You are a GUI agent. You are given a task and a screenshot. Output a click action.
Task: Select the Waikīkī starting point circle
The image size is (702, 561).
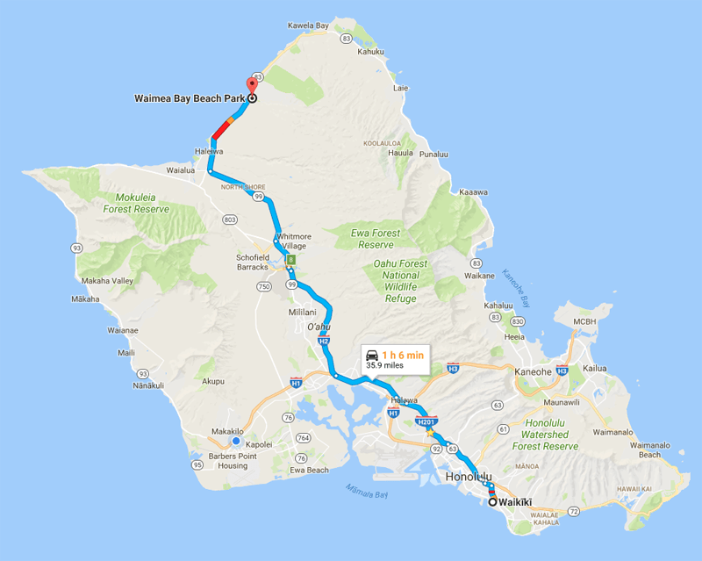click(x=491, y=501)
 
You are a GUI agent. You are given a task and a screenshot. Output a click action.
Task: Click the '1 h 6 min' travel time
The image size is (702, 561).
click(x=403, y=354)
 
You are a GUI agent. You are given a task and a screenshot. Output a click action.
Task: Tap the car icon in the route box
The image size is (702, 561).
click(x=372, y=354)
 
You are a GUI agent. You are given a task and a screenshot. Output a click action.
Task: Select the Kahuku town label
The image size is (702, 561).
click(x=370, y=52)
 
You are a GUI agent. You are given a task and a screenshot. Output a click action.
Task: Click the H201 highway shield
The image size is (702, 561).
click(x=426, y=422)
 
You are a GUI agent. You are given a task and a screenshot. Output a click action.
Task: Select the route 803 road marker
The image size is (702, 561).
click(x=230, y=219)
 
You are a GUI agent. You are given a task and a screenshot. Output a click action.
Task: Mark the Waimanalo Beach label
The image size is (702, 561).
click(x=649, y=450)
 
